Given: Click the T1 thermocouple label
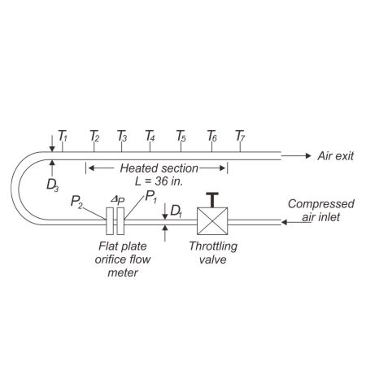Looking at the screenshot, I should point(63,135).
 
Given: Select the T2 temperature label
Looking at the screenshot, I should point(94,135).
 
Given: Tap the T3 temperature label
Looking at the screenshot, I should point(122,135).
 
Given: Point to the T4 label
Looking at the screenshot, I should point(150,135).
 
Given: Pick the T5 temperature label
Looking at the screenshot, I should point(181,135).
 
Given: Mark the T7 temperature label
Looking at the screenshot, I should point(240,135).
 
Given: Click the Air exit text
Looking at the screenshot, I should point(335,155).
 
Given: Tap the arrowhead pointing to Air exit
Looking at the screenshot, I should point(307,155).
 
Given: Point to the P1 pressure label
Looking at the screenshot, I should point(150,196).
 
